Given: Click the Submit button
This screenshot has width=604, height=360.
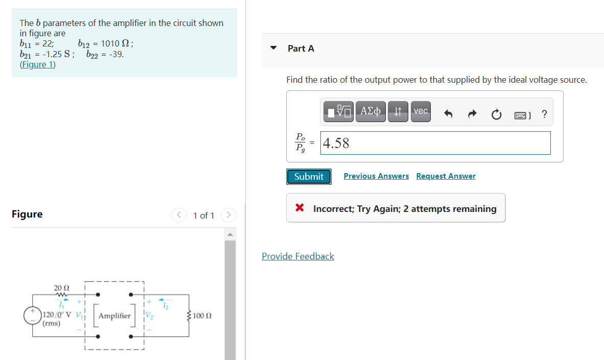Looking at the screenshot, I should (309, 177).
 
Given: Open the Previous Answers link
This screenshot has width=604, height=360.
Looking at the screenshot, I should (376, 176).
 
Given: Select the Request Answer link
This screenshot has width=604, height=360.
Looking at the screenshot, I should (446, 176).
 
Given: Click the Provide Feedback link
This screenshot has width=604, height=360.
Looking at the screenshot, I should (298, 256).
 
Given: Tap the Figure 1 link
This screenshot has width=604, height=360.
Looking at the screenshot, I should (38, 64).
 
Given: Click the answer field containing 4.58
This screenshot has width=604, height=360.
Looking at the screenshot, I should (435, 143).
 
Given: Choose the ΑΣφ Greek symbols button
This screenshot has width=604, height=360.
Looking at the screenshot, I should (371, 111).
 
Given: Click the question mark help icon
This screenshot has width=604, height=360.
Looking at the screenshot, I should (544, 114).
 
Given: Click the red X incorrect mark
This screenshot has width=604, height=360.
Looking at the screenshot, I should (300, 208).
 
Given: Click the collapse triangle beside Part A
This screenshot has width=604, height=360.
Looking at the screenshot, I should (274, 49).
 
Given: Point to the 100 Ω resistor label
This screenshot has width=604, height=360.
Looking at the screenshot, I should (202, 316).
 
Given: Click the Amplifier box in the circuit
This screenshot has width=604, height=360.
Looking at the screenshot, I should (114, 316).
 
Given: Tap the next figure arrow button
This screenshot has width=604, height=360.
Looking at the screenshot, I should (228, 215).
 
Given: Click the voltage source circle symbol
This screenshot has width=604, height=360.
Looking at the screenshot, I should (33, 315).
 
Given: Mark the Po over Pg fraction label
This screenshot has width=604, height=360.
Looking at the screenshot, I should (300, 143).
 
